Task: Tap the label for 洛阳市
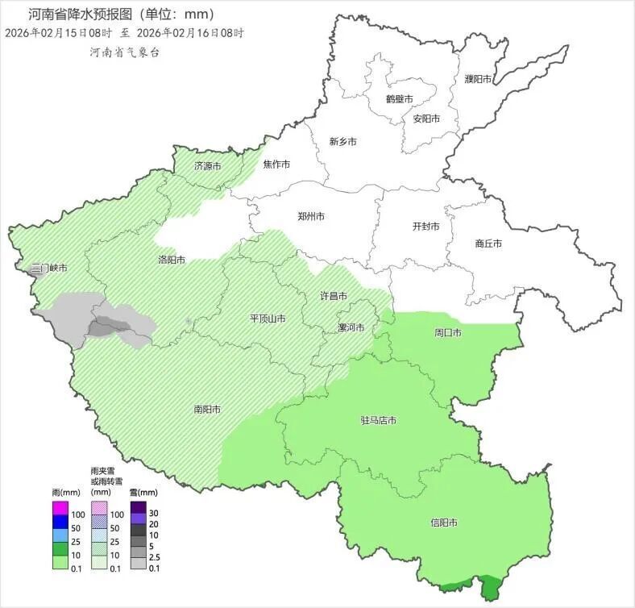click(172, 260)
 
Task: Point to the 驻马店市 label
click(378, 421)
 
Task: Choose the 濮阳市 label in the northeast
click(478, 79)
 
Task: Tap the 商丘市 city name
click(488, 244)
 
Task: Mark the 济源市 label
click(207, 166)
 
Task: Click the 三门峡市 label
click(48, 268)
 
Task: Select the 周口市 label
click(448, 333)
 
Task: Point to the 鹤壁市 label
click(399, 99)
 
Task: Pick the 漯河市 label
click(351, 328)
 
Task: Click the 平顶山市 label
click(268, 319)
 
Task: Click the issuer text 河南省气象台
click(125, 52)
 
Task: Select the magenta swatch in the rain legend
click(59, 509)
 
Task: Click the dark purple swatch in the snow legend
click(138, 507)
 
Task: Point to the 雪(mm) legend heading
click(143, 493)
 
